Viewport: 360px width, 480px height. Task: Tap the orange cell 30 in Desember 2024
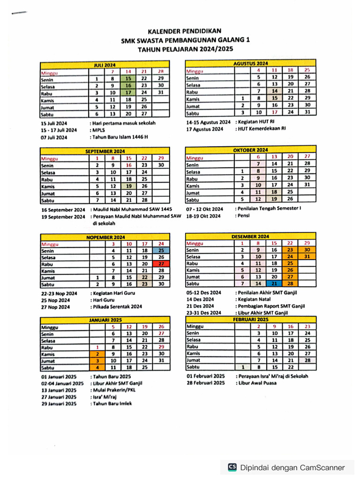click(307, 250)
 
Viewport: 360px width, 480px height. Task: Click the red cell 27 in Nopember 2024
click(161, 264)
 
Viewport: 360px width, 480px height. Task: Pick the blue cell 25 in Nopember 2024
click(161, 250)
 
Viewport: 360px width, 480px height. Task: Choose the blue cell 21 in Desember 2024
click(274, 284)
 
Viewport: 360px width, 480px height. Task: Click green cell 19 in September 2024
click(128, 186)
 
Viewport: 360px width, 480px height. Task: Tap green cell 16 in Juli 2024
click(128, 86)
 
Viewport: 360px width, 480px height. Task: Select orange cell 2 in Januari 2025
click(97, 354)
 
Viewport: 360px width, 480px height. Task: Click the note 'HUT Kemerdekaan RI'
click(261, 128)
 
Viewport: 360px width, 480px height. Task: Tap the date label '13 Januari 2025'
click(59, 390)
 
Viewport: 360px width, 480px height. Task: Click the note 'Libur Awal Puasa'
click(257, 383)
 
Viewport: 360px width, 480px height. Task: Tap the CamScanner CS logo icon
click(232, 467)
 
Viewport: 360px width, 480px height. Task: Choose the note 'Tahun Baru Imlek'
click(112, 404)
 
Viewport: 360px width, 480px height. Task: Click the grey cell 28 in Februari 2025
click(307, 360)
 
